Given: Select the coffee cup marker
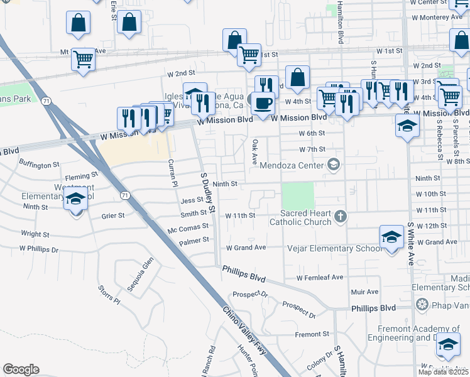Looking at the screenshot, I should [x=263, y=102].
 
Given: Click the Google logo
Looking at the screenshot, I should [x=21, y=369].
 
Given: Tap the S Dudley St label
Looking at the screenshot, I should [x=208, y=192].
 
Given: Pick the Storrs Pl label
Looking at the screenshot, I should [x=109, y=294].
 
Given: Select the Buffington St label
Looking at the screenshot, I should [x=39, y=164].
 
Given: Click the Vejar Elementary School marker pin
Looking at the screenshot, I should [x=391, y=238].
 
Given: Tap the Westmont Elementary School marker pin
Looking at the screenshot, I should [x=75, y=200].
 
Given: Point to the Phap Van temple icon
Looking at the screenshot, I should [x=422, y=305].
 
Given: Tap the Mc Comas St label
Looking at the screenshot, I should [x=188, y=228].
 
